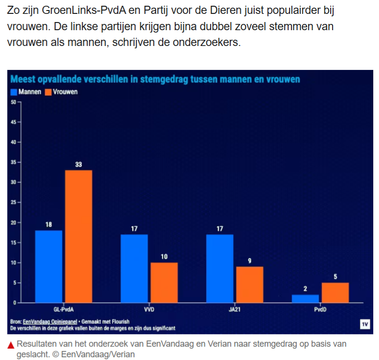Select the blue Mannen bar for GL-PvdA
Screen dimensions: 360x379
[48, 267]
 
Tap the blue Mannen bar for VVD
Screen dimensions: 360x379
[134, 269]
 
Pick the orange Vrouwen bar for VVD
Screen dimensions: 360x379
[164, 282]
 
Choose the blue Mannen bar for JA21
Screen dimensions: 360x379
[220, 269]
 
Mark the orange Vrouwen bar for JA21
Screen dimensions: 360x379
[249, 284]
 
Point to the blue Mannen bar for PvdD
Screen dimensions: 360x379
[305, 299]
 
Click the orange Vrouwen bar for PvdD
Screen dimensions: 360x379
[335, 292]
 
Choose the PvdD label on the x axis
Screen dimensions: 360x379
[320, 310]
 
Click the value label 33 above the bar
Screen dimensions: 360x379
[78, 165]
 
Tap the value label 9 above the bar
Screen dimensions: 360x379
[249, 261]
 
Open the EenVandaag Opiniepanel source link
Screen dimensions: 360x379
[47, 322]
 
